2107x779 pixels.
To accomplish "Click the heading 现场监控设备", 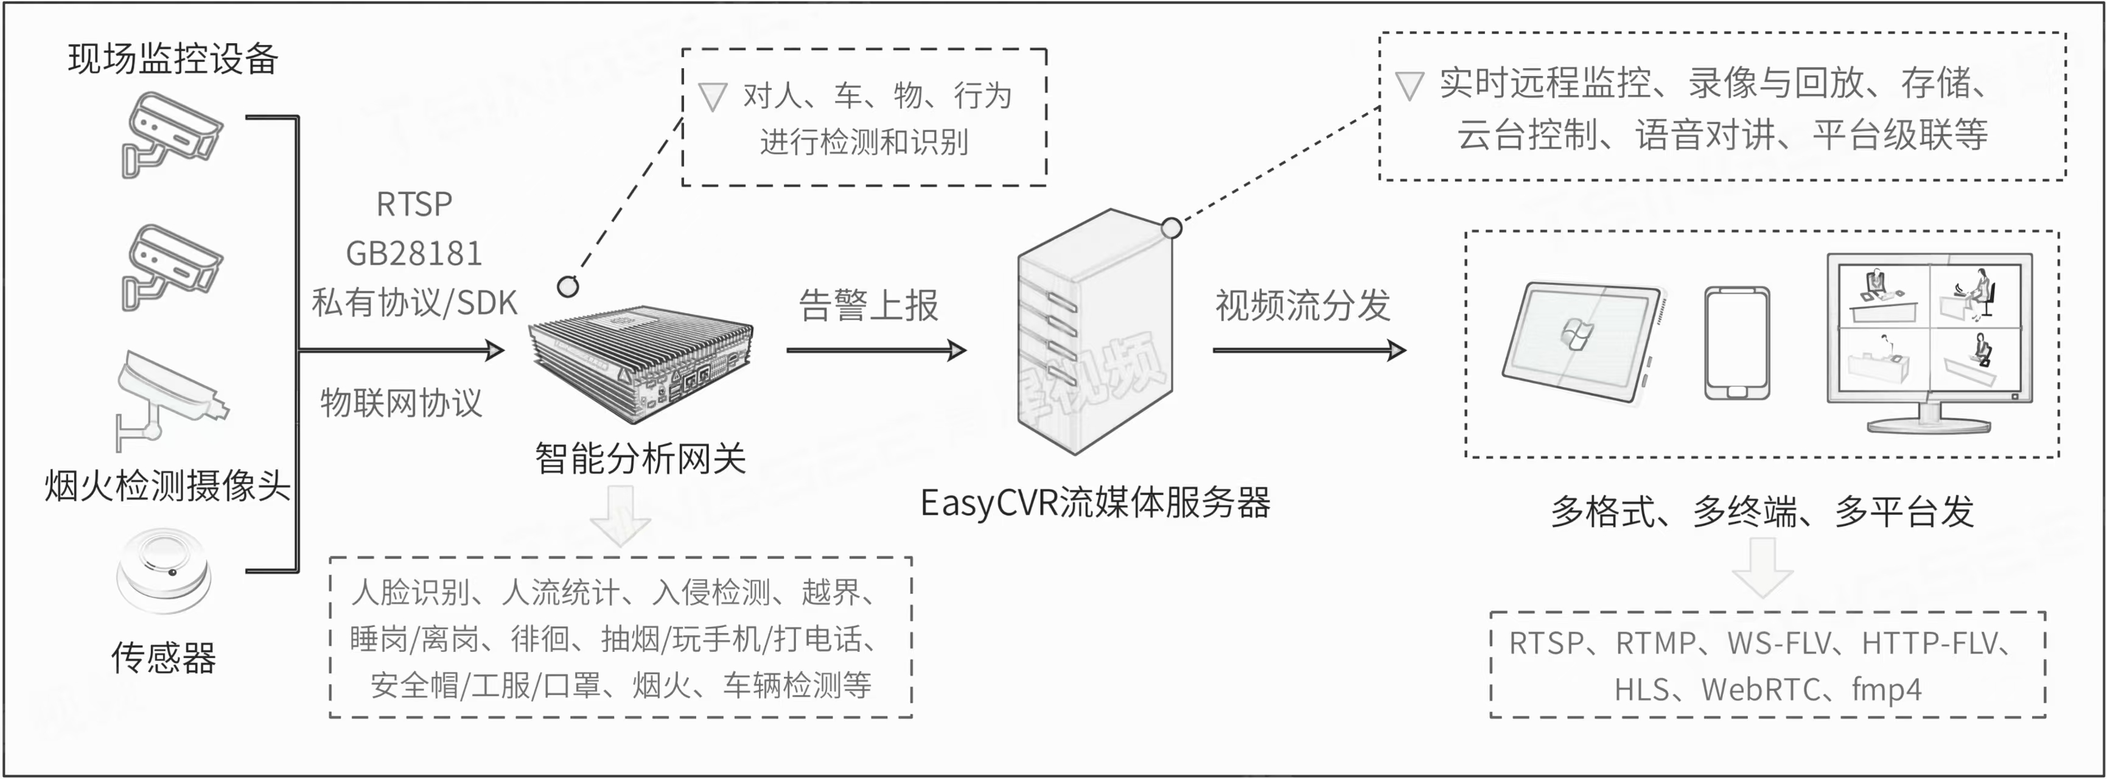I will (173, 59).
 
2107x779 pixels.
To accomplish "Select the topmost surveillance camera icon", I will (171, 133).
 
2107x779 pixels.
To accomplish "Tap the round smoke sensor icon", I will (164, 570).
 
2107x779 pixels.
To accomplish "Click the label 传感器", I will (164, 657).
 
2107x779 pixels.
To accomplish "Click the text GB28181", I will (414, 254).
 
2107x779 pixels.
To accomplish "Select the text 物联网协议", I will (401, 403).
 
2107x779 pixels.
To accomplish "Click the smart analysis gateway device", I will (640, 364).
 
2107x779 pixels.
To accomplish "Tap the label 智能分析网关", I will (640, 458).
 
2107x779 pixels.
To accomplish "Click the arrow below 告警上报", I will (875, 350).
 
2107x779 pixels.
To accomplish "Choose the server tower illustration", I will (1094, 332).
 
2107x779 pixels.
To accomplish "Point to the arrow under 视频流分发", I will (1309, 350).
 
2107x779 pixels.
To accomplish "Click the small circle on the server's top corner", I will (1172, 228).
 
